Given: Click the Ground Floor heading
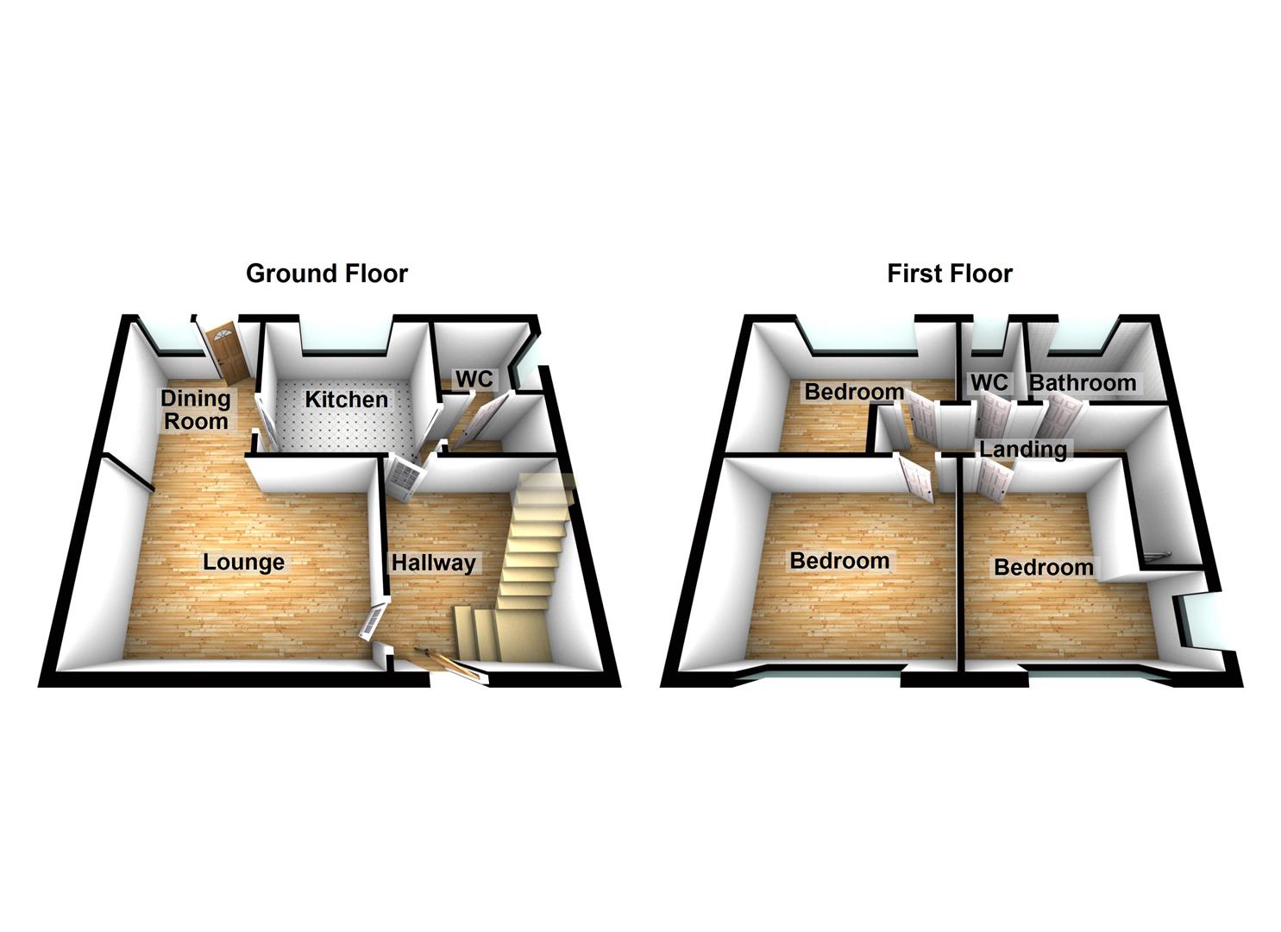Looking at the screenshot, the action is tap(326, 274).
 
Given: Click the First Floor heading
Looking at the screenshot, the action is tap(949, 274).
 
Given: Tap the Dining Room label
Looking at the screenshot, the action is tap(196, 410).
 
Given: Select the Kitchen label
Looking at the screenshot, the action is tap(347, 400).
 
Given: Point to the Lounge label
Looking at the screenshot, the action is tap(243, 563).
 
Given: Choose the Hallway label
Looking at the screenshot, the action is tap(433, 564).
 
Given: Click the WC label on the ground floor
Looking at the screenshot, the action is tap(474, 379).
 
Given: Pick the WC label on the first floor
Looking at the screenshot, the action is tap(989, 382).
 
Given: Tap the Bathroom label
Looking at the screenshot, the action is tap(1083, 382).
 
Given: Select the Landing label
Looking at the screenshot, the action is tap(1022, 449).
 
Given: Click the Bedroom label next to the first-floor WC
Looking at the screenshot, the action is tap(853, 392).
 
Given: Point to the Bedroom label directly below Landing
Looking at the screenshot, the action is tap(1043, 567).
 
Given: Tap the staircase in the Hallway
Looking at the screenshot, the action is tap(526, 561).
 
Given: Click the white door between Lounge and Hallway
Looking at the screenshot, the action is tap(374, 619).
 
